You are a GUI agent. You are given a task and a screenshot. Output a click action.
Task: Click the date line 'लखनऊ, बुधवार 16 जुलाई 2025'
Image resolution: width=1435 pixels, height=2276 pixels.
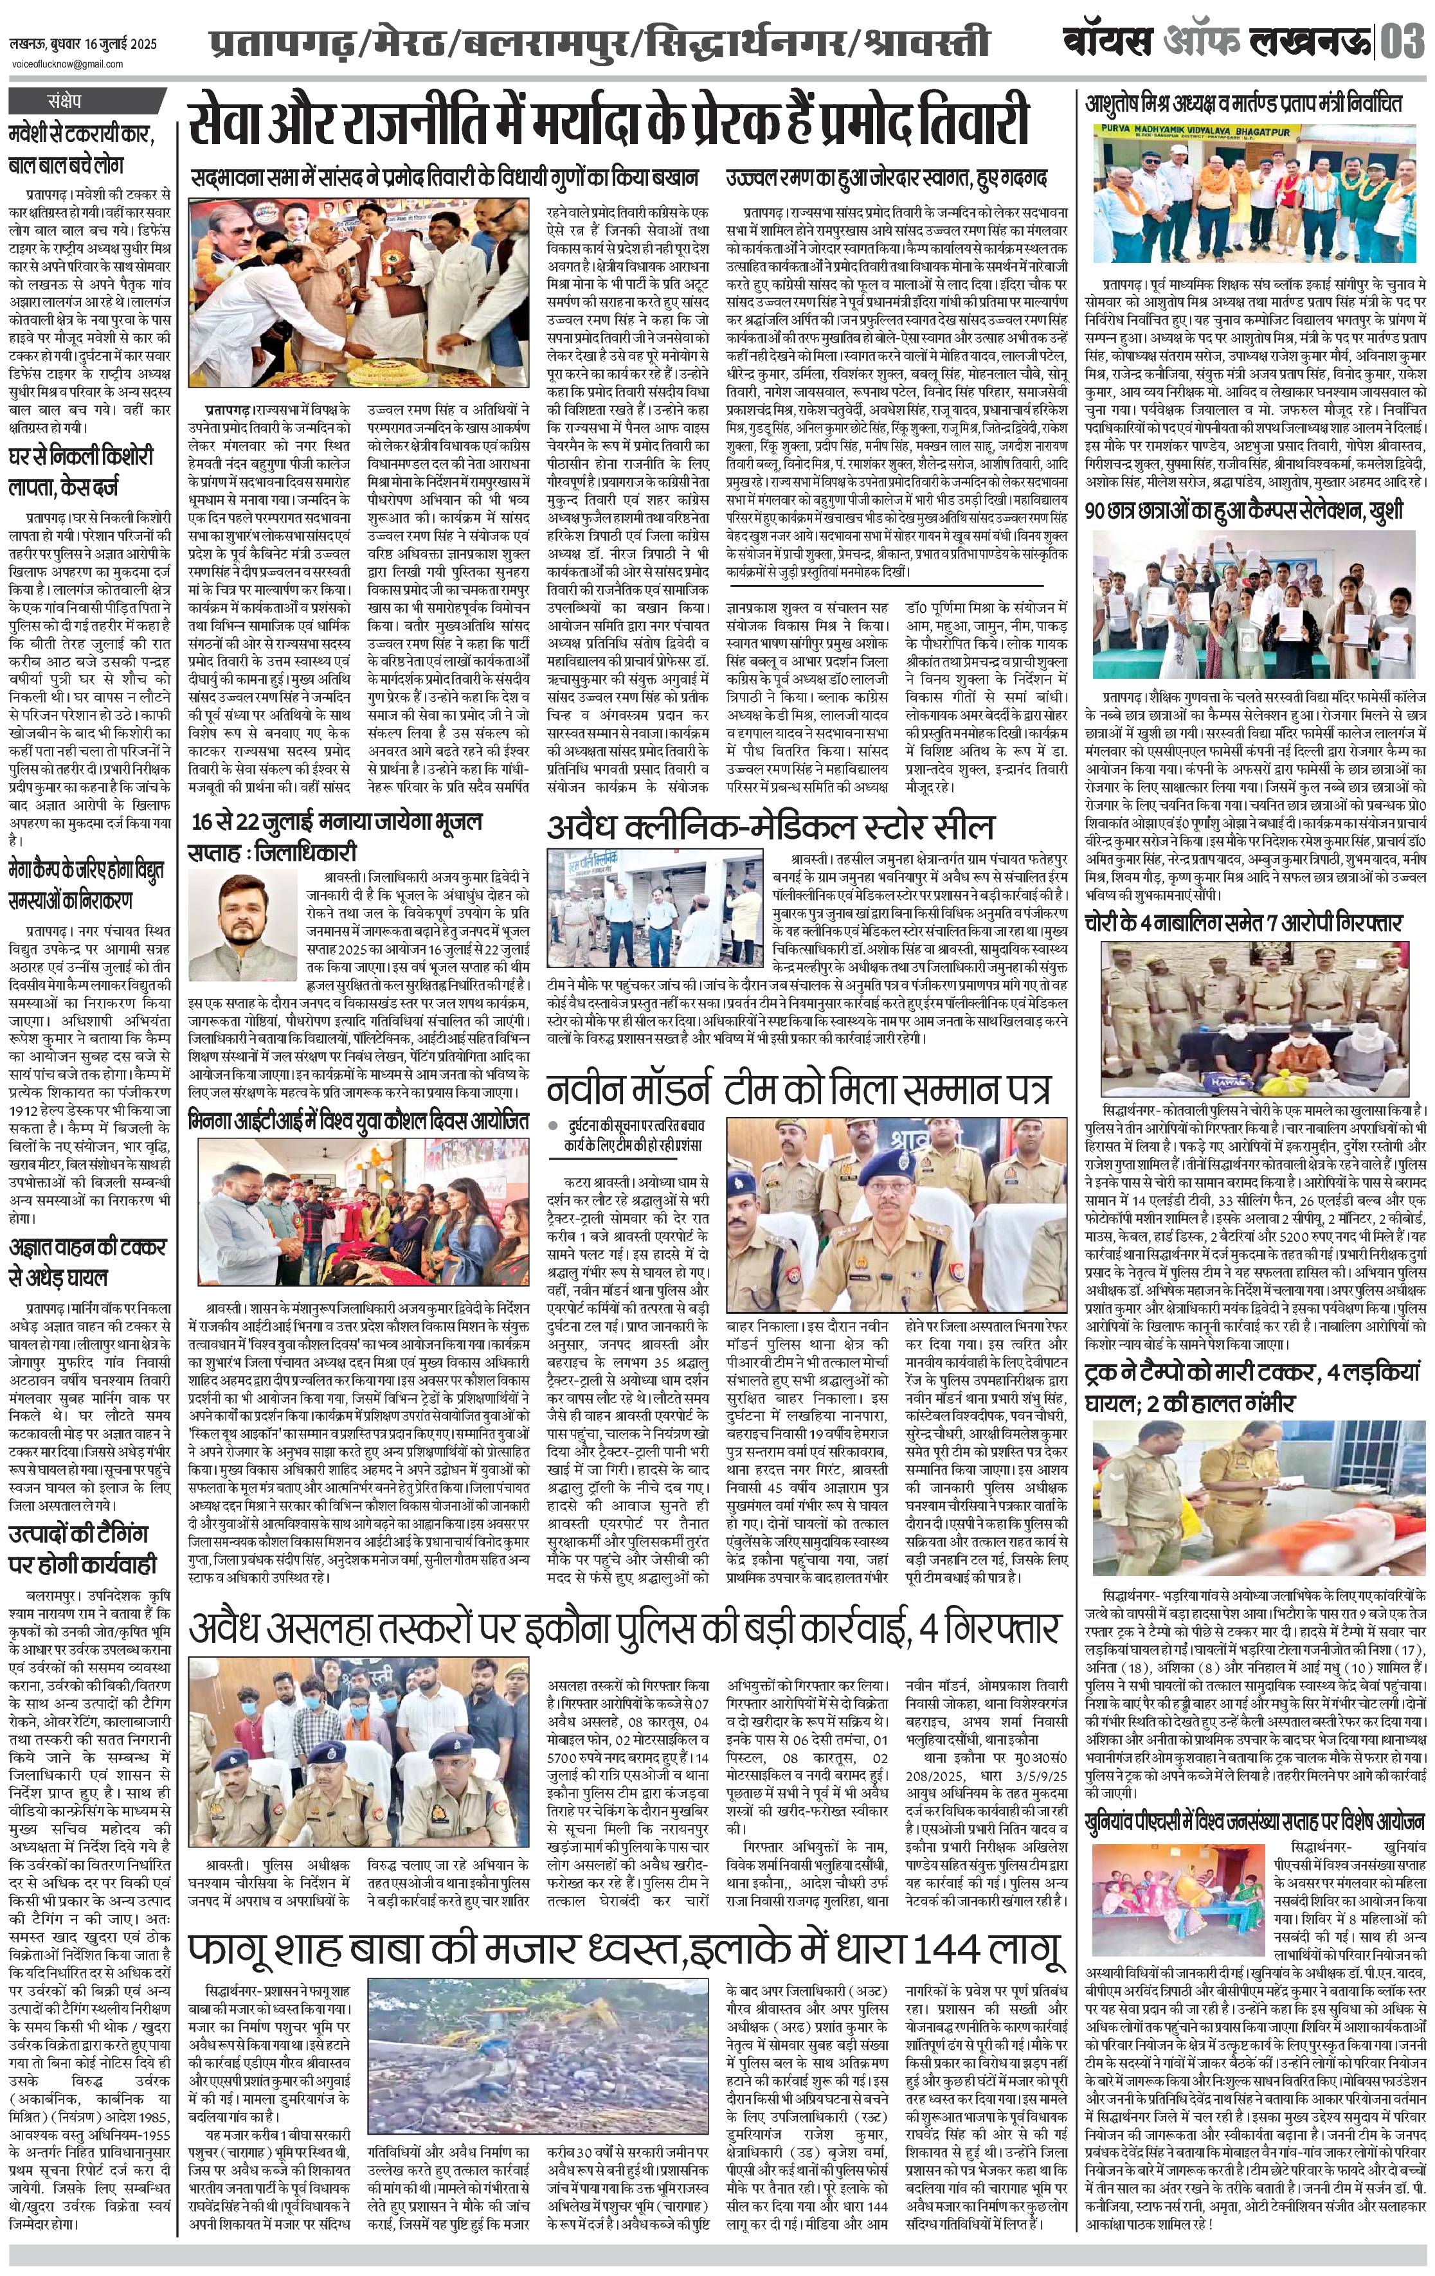(x=83, y=44)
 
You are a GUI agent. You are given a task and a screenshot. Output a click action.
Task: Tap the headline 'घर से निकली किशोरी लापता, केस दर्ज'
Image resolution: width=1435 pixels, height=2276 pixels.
(x=90, y=474)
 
